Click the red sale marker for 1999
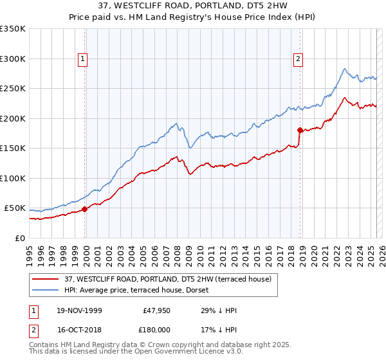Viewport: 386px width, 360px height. (x=85, y=208)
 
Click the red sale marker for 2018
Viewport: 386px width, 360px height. (x=300, y=130)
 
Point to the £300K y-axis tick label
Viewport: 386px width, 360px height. (x=13, y=59)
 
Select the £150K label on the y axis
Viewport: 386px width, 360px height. (x=13, y=148)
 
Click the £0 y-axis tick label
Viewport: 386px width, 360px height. (x=19, y=238)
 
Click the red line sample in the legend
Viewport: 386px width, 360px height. (x=46, y=279)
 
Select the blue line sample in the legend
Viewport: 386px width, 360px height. (x=46, y=290)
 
